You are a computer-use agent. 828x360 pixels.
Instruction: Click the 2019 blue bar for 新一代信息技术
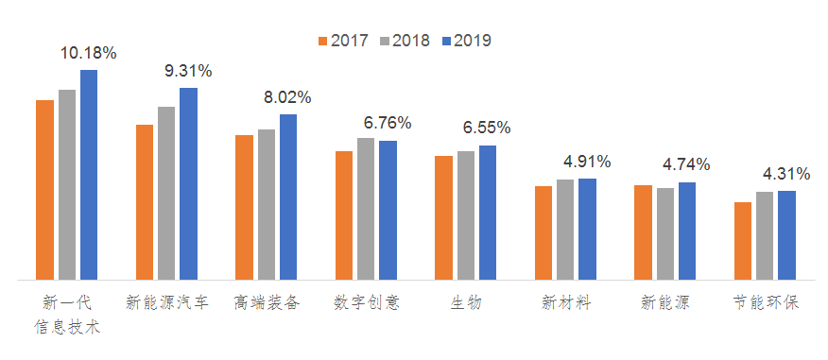(x=89, y=175)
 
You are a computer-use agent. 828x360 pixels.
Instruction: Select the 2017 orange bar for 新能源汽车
(x=145, y=202)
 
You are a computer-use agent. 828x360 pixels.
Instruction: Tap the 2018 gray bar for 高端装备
(x=267, y=205)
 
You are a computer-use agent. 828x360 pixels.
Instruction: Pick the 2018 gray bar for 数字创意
(x=366, y=209)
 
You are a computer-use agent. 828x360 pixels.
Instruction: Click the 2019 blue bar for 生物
(x=488, y=213)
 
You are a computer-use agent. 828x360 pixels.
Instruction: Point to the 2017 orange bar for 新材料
(x=543, y=233)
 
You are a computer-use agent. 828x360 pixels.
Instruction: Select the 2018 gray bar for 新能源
(x=665, y=234)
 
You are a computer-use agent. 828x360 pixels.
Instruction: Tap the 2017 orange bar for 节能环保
(x=743, y=241)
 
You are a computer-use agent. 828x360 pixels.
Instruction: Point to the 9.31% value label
(x=188, y=71)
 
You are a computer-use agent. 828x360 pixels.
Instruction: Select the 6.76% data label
(x=388, y=123)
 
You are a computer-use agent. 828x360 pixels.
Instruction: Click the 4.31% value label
(x=786, y=174)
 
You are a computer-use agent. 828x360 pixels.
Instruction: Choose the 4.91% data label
(x=587, y=162)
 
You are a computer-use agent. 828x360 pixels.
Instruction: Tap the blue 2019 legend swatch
(x=446, y=41)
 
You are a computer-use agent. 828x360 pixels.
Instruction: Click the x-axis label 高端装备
(x=267, y=303)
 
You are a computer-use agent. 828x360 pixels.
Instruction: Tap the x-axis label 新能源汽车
(x=167, y=303)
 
